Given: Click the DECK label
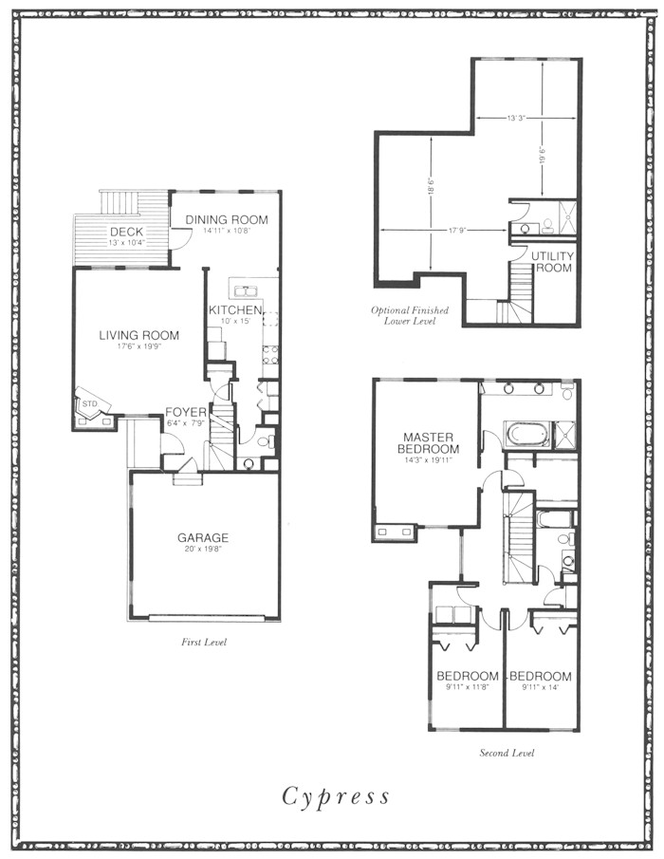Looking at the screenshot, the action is click(126, 232).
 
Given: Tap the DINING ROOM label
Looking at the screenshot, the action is click(227, 219).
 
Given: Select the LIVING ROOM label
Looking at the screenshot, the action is click(139, 335).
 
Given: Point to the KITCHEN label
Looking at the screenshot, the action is click(235, 310).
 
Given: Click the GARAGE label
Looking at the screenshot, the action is click(203, 537).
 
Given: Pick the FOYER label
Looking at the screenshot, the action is click(186, 412).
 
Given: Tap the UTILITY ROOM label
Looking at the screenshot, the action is click(552, 262).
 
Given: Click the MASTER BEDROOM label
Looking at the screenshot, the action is click(429, 443).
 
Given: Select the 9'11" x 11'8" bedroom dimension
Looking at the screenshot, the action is click(467, 687).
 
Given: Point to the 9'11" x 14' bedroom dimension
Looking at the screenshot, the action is click(541, 687).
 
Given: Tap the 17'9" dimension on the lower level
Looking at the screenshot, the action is click(456, 231).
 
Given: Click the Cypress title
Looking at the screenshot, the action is click(336, 796).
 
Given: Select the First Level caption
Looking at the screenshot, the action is click(204, 642).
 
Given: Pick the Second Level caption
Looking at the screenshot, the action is click(507, 753).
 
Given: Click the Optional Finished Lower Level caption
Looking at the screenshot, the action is click(410, 315).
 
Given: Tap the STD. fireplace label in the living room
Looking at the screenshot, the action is click(90, 403).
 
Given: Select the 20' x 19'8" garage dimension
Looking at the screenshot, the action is click(203, 549).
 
